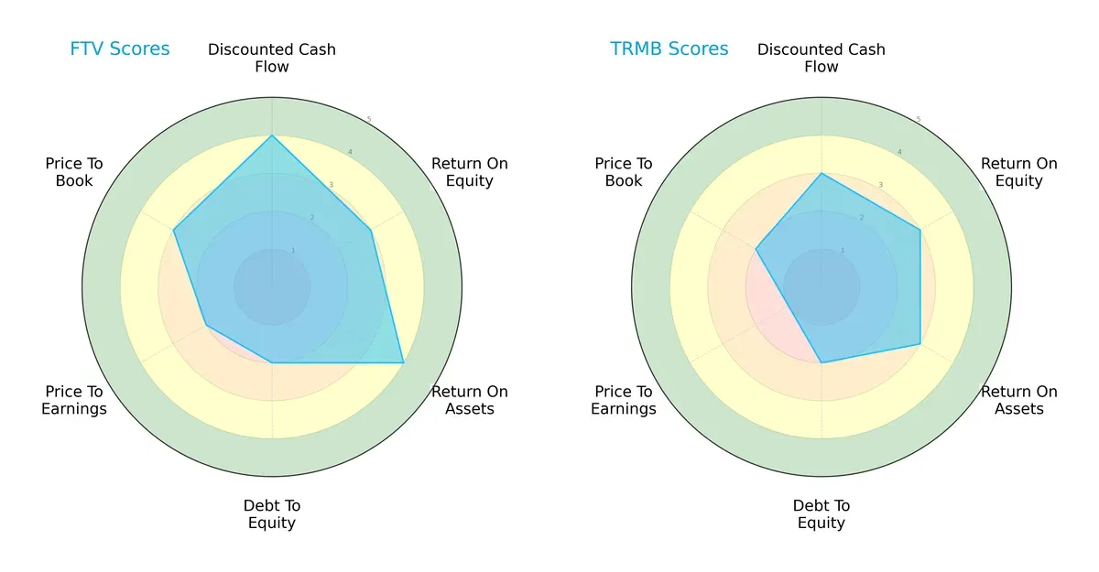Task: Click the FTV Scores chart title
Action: click(120, 49)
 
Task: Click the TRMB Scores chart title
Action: click(669, 49)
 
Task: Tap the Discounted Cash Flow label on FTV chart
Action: click(272, 58)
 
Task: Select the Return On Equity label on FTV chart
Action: click(470, 172)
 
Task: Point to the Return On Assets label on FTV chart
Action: click(470, 400)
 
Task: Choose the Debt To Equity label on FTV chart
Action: click(272, 514)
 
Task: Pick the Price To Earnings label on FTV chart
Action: click(74, 400)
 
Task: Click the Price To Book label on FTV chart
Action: click(74, 172)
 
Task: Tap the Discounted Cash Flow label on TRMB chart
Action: click(822, 58)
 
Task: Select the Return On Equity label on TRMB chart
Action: click(1019, 172)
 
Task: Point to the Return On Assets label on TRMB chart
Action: click(1019, 400)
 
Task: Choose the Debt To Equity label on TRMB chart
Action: click(822, 514)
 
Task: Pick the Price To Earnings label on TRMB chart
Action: click(624, 400)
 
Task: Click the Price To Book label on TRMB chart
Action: click(624, 172)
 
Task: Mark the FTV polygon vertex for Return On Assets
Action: click(403, 363)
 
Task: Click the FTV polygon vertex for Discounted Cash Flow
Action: click(272, 136)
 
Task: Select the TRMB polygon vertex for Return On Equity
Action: click(919, 230)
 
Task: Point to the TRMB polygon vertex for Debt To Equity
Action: click(822, 363)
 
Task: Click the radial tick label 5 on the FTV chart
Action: click(369, 120)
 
